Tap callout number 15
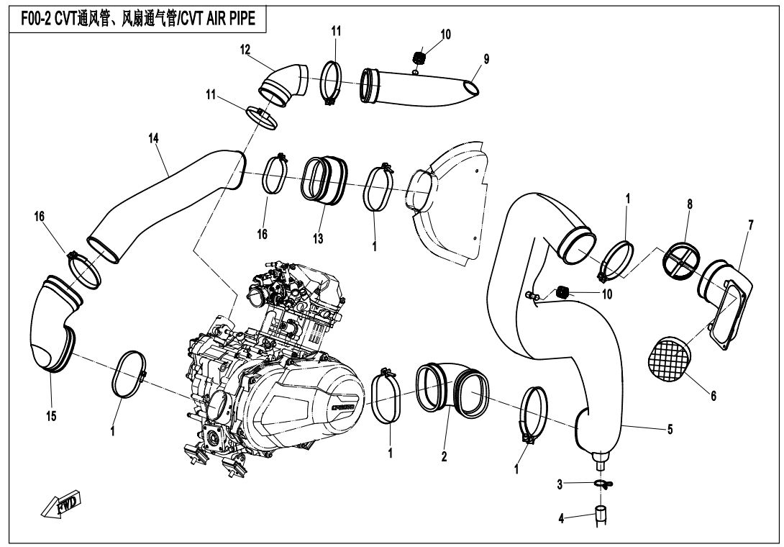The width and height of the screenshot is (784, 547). point(52,417)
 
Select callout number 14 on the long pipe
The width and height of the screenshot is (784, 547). point(153,139)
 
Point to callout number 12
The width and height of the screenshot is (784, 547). point(245,49)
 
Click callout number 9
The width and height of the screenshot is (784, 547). point(486,60)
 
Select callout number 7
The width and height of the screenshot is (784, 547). point(750,225)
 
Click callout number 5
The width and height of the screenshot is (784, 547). point(670,430)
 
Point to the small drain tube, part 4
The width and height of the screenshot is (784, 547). point(600,516)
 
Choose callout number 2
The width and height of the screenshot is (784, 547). point(445,456)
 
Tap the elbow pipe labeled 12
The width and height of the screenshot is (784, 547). point(284,81)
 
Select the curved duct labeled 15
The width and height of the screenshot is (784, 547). point(54,324)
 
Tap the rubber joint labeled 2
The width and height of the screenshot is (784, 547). point(451,389)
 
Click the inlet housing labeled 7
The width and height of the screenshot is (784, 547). point(726,302)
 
